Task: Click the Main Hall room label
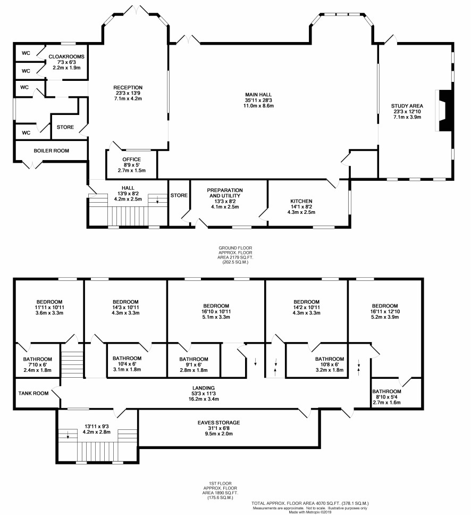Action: pos(258,95)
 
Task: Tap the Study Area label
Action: pos(407,106)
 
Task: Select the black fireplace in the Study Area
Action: pos(445,111)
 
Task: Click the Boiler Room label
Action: pos(51,151)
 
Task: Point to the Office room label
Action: pos(132,159)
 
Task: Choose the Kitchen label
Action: pos(301,201)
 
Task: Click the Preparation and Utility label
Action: pos(225,193)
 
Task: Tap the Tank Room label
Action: pos(33,393)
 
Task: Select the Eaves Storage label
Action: pos(218,422)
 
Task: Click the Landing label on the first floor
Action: pos(204,388)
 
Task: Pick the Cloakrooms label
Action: pos(66,56)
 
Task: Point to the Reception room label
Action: pos(128,87)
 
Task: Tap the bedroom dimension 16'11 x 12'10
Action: pos(385,311)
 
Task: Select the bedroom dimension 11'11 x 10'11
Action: pos(50,307)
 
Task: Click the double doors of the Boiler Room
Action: pos(33,164)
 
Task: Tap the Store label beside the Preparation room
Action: pos(179,195)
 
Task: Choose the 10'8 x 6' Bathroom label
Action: pos(330,359)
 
